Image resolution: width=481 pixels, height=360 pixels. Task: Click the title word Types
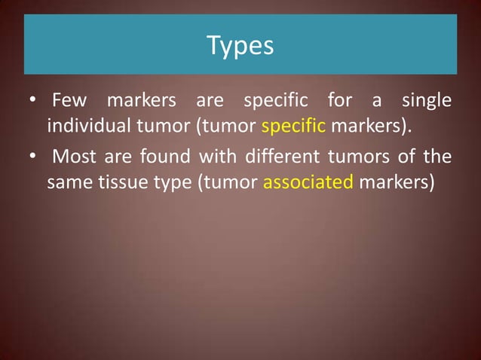[240, 46]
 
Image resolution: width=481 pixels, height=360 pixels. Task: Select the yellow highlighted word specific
[293, 125]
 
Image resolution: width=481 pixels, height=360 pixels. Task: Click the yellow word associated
[308, 182]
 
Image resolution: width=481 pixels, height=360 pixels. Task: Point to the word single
[426, 100]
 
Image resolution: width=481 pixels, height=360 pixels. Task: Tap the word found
[168, 157]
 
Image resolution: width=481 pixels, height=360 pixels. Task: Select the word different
[271, 157]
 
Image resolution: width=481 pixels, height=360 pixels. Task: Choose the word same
[66, 182]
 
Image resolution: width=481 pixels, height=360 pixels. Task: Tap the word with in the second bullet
[213, 157]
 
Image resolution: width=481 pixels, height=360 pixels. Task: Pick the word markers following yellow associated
[397, 182]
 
